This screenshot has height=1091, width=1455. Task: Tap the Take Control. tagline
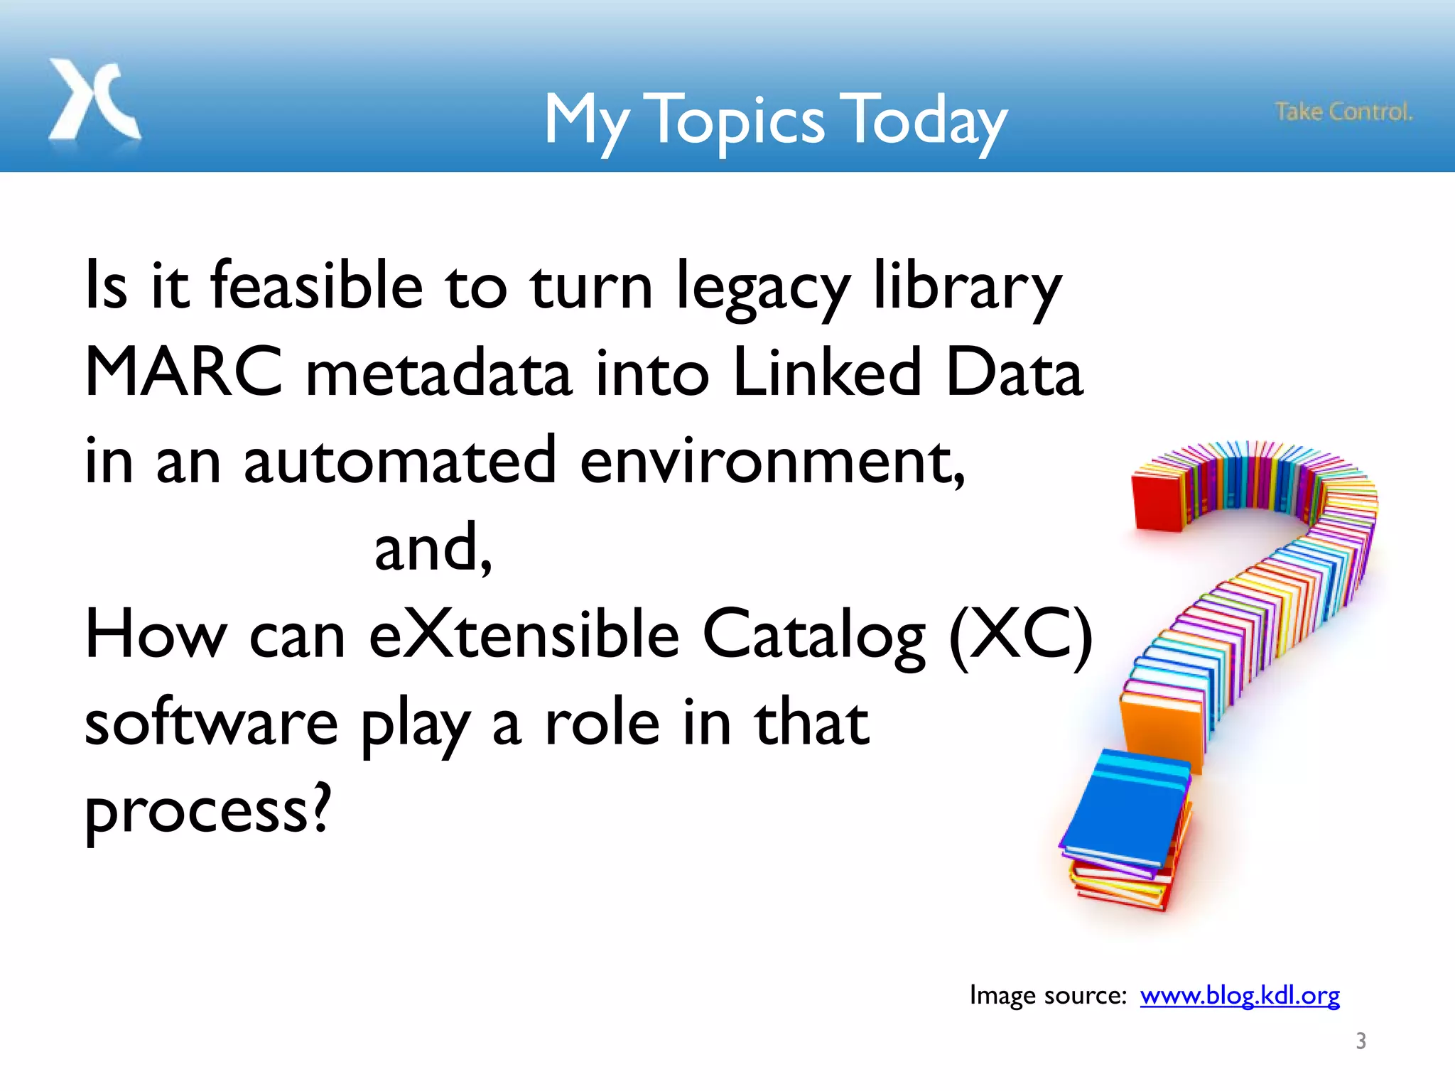(x=1343, y=112)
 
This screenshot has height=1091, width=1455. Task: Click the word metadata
(x=438, y=374)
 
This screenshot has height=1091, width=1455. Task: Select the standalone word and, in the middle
(x=433, y=548)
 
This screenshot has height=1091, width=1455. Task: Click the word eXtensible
(x=524, y=634)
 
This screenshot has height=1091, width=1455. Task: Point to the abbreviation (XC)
(x=1020, y=634)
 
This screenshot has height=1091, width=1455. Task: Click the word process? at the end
(x=207, y=811)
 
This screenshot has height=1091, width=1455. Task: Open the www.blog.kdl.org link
(x=1240, y=995)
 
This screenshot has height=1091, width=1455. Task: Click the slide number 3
(x=1361, y=1041)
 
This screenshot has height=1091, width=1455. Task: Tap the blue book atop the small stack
(x=1126, y=810)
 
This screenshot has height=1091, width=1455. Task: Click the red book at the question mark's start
(x=1157, y=503)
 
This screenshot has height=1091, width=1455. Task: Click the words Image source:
(x=1048, y=995)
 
